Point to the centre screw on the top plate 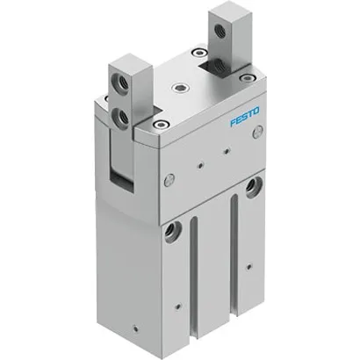tap(181, 89)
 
